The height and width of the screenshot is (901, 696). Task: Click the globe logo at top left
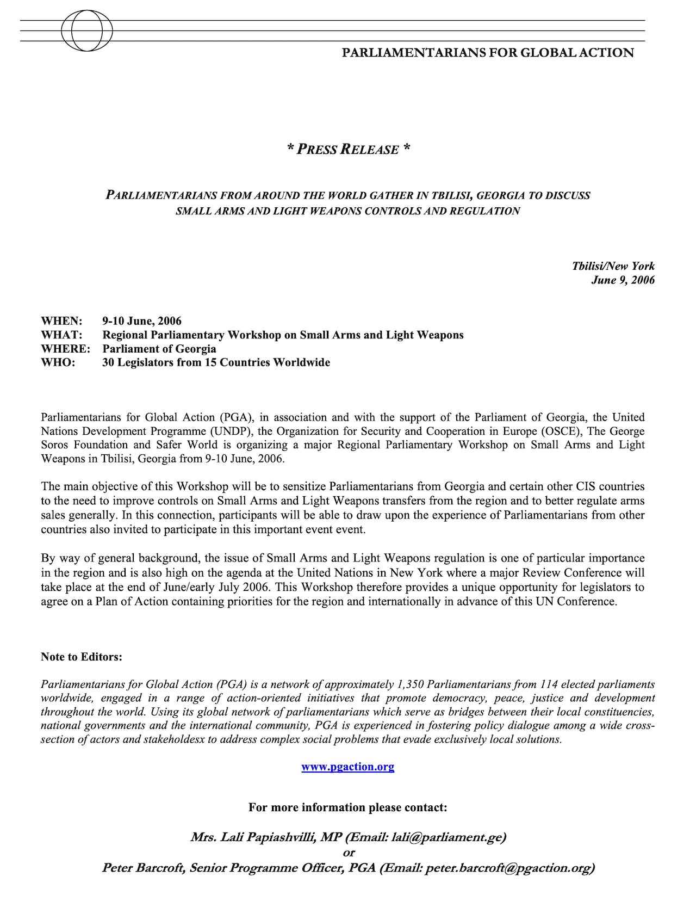(x=87, y=30)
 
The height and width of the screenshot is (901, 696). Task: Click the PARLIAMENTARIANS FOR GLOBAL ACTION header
(x=488, y=53)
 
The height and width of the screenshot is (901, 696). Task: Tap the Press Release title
(x=348, y=149)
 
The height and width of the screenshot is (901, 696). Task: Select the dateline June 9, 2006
(x=623, y=280)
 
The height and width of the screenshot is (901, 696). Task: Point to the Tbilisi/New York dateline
(x=613, y=266)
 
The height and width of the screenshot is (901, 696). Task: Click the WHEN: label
(x=61, y=321)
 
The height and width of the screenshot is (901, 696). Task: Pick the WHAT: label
(x=61, y=335)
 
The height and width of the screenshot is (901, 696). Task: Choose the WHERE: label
(x=65, y=349)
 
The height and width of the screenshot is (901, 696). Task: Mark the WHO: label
(x=58, y=362)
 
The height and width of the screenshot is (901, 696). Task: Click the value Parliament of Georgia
(x=159, y=349)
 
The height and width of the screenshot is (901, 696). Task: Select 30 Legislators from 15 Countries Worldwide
(x=216, y=362)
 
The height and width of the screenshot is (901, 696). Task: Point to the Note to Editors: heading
(x=82, y=657)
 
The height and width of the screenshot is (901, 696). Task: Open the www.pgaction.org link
(x=348, y=767)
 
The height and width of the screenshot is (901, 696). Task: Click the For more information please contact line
(x=348, y=807)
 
